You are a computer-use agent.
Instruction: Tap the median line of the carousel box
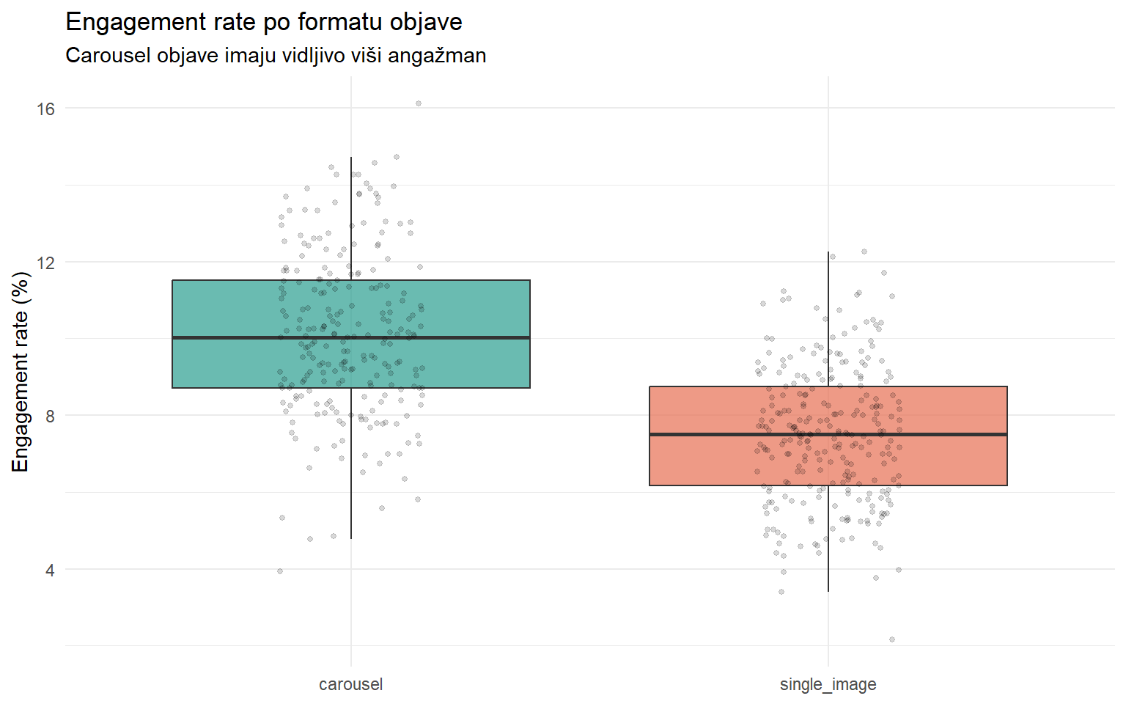pos(220,337)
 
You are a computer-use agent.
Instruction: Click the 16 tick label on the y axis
pos(45,109)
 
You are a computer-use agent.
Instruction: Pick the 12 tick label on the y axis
pos(45,263)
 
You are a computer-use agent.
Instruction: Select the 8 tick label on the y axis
pos(50,416)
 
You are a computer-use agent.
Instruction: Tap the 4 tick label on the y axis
pos(50,570)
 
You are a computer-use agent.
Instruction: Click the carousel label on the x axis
pos(350,684)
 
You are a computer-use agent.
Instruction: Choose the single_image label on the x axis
pos(828,684)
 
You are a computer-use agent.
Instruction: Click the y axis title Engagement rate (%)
pos(21,372)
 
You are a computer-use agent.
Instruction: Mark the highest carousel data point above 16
pos(419,103)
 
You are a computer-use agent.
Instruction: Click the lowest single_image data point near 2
pos(892,639)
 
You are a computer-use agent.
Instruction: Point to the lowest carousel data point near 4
pos(280,571)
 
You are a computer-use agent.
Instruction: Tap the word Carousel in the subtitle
pos(108,56)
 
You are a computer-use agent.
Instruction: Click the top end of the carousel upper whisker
pos(351,158)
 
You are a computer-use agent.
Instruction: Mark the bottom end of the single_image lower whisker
pos(828,591)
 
